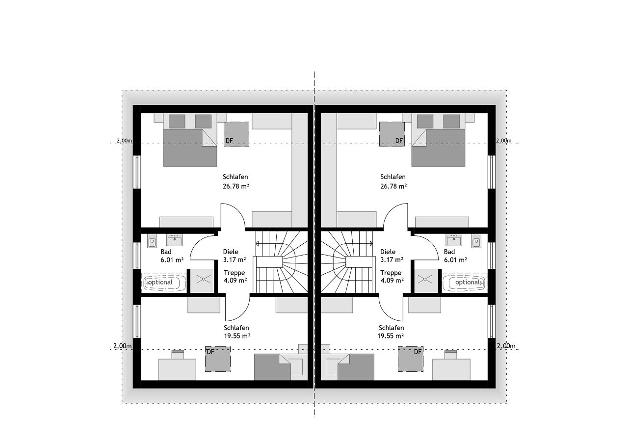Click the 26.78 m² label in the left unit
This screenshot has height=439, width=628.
coord(236,186)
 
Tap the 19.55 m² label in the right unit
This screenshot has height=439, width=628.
coord(391,336)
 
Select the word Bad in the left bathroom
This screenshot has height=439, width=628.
coord(166,252)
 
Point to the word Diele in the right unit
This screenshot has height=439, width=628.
coord(388,252)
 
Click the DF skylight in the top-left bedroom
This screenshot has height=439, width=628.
coord(236,134)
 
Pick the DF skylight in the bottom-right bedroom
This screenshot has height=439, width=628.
coord(411,359)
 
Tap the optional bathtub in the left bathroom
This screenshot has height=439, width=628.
coord(164,283)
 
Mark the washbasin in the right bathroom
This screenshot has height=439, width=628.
coord(453,240)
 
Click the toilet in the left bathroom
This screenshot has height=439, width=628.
coord(152,241)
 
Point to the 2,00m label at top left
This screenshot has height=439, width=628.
coord(124,141)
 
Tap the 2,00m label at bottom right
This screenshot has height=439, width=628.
coord(506,346)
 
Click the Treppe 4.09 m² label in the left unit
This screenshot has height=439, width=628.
coord(235,277)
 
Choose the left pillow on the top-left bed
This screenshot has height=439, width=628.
coord(177,121)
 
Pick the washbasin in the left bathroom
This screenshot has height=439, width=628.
coord(175,240)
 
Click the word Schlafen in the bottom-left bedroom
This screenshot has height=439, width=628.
coord(236,328)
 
